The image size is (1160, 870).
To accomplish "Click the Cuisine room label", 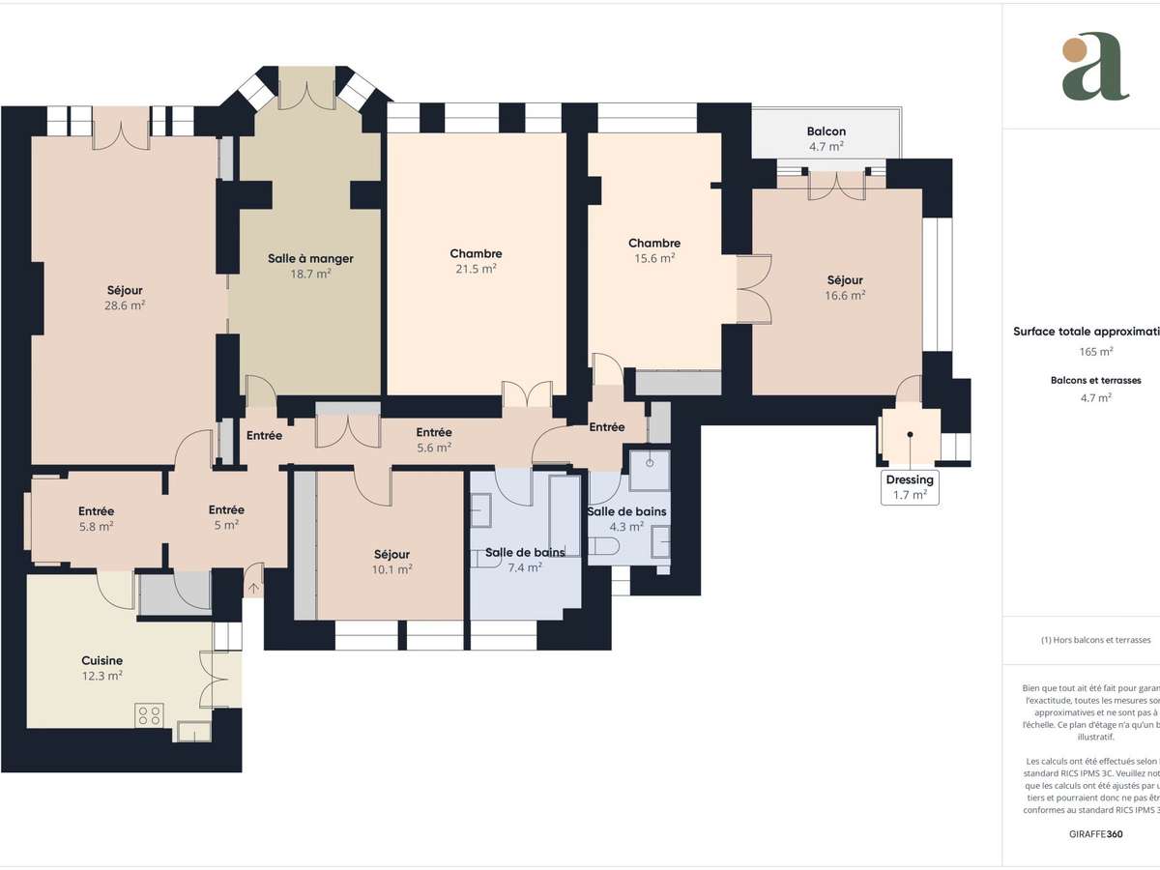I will pos(101,660).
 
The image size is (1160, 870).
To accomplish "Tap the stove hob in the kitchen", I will pos(150,715).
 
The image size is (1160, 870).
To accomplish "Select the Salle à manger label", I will pos(310,258).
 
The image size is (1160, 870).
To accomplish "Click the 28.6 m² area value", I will pos(126,305).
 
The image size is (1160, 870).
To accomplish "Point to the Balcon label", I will pos(826,131).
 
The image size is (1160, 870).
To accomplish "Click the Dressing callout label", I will pos(910,479).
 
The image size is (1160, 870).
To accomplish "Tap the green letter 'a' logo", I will pos(1094,68).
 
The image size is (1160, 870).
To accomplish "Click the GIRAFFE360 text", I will pos(1096,833).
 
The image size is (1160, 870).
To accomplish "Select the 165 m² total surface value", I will pos(1095,352).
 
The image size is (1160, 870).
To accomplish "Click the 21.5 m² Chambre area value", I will pos(476,270).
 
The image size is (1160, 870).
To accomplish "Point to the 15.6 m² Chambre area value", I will pos(654,258).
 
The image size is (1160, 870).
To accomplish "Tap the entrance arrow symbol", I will pos(254,586).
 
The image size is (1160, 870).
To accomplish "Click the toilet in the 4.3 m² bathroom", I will pos(604,549).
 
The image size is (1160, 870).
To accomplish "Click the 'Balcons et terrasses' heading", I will pos(1095,381).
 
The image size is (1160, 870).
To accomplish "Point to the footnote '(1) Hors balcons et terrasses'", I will pos(1095,640).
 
